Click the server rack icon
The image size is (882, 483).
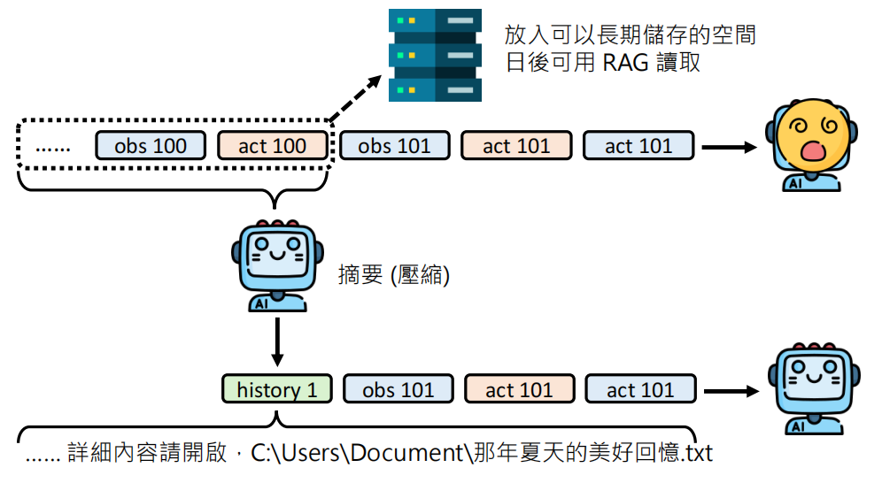click(435, 55)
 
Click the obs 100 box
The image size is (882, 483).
click(151, 146)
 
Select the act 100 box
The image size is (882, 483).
click(273, 146)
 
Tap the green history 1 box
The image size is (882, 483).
click(277, 389)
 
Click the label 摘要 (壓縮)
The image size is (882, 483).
click(394, 276)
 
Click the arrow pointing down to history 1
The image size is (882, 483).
click(277, 341)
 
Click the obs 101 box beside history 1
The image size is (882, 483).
click(398, 389)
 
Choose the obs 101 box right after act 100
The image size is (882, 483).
click(394, 146)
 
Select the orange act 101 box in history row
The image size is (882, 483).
click(519, 389)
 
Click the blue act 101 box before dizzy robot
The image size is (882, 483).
click(638, 146)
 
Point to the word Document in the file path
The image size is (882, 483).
click(407, 454)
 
